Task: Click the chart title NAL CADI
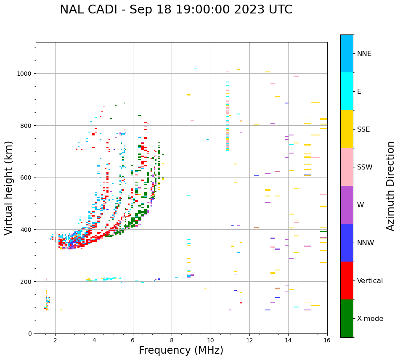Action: click(88, 10)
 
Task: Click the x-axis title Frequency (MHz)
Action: click(181, 350)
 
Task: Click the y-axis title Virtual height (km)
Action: click(9, 188)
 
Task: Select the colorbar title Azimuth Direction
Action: click(391, 186)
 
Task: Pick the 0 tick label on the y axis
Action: click(30, 334)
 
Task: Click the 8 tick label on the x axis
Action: click(172, 341)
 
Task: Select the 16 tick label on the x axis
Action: click(327, 341)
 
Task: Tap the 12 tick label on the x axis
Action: click(249, 341)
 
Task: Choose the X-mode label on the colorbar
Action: click(370, 319)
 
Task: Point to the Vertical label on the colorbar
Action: click(370, 281)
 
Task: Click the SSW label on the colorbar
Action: click(365, 167)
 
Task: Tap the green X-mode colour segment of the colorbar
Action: click(347, 318)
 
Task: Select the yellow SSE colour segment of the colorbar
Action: click(347, 129)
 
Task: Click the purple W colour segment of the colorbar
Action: click(347, 205)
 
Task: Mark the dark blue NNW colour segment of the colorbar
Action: click(347, 243)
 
